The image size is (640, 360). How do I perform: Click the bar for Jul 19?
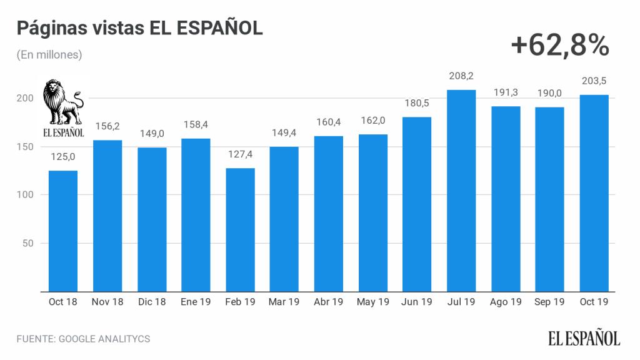click(461, 191)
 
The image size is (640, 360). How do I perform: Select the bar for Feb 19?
click(240, 229)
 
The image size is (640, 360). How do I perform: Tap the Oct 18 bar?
click(63, 231)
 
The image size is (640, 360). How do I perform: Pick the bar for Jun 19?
click(417, 204)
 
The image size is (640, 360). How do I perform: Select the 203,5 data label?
click(594, 81)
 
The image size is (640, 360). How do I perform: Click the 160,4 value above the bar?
click(329, 122)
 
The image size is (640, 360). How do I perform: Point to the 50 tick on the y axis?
click(27, 243)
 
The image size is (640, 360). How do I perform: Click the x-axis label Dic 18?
click(151, 302)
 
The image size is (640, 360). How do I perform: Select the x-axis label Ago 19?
click(506, 302)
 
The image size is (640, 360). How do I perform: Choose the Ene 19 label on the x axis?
click(196, 302)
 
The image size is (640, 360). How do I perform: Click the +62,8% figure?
click(559, 45)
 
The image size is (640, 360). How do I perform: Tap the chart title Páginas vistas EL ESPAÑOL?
click(139, 29)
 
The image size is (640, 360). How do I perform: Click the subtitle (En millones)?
click(49, 55)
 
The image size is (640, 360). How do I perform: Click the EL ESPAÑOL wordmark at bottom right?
click(584, 338)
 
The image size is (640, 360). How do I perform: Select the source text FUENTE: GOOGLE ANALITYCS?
click(83, 339)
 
